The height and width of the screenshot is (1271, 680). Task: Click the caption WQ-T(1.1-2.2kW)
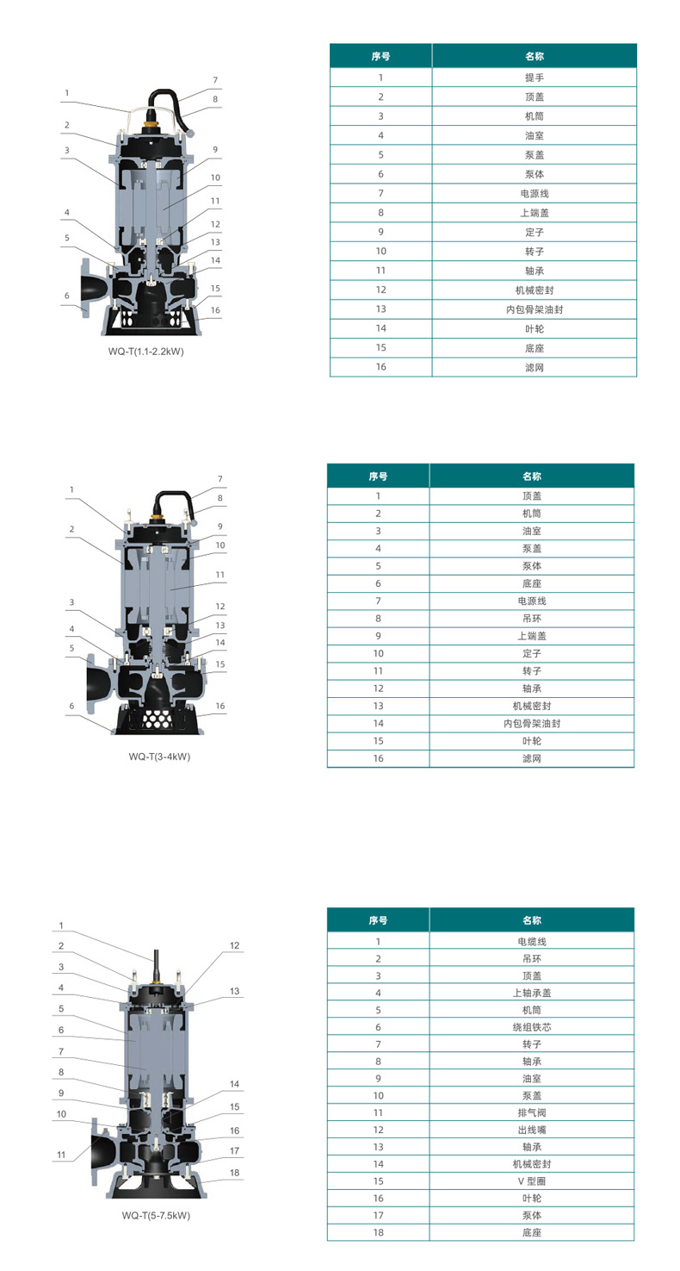pos(146,352)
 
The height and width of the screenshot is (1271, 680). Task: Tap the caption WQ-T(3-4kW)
pos(159,757)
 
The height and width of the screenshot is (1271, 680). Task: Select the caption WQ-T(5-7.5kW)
pos(156,1215)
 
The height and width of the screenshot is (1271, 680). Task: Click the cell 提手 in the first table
pos(535,78)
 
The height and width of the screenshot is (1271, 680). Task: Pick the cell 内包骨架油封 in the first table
pos(535,309)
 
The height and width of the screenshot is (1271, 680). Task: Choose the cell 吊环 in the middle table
pos(532,619)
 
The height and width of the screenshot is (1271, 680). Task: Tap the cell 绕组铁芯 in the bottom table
pos(532,1027)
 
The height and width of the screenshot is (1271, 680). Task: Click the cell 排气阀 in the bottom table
pos(532,1112)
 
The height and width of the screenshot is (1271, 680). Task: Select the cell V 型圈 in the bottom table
pos(532,1181)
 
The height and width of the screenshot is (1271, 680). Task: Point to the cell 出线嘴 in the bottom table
pos(532,1130)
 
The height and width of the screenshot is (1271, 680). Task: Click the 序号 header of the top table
pos(380,56)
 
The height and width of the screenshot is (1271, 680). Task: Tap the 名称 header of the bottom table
pos(532,919)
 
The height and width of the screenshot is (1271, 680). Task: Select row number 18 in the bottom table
pos(378,1232)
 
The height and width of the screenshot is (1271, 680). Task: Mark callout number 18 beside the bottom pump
pos(235,1172)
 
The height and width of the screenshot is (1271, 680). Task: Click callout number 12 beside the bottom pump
pos(235,945)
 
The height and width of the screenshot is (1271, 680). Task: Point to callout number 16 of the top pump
pos(215,310)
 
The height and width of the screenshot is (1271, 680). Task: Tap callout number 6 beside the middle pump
pos(71,706)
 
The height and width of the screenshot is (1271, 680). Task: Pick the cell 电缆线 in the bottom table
pos(532,941)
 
